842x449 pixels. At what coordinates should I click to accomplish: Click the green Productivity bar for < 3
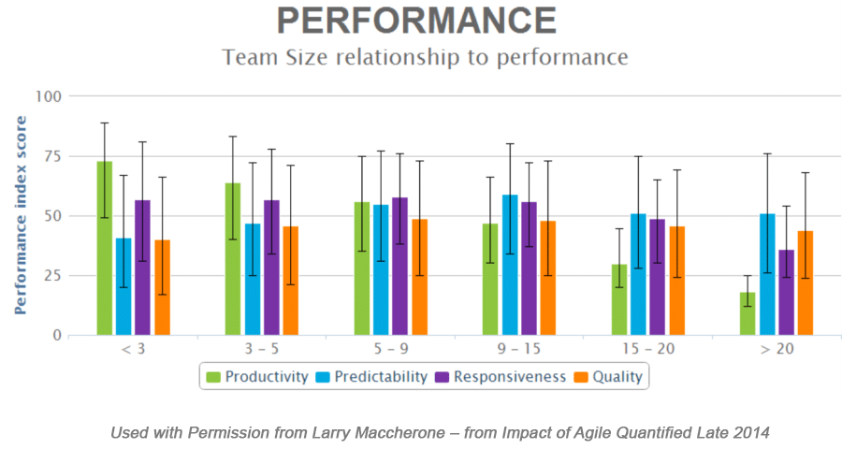point(104,248)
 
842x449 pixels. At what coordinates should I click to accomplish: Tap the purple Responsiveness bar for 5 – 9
point(400,266)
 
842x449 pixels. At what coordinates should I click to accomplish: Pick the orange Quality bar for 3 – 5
point(291,281)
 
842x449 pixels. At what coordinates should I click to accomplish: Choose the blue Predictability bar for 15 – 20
point(638,274)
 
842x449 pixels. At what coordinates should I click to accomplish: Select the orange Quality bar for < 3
point(163,287)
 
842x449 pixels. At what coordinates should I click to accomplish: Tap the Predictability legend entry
point(372,377)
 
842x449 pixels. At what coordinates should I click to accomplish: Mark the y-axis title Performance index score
point(21,214)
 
